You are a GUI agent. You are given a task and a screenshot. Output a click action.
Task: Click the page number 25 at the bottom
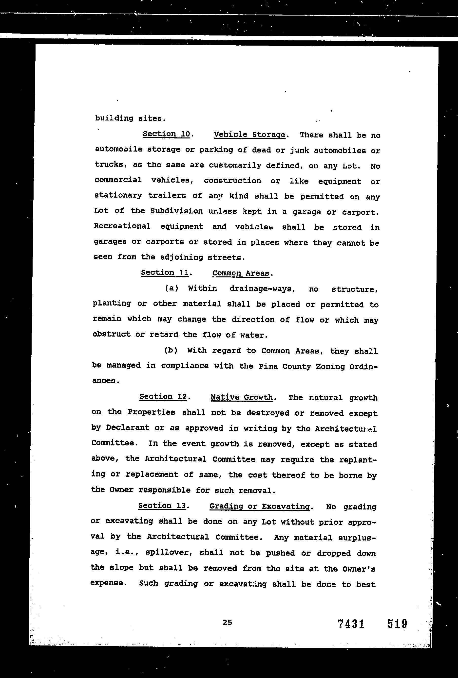227,623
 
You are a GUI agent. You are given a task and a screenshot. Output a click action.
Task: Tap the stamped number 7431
351,624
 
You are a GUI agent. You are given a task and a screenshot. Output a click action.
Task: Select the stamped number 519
397,624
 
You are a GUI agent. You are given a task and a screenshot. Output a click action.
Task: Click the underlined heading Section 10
167,134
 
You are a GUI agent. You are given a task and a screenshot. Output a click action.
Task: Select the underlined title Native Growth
242,397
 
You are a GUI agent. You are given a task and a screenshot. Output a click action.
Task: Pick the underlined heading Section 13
162,506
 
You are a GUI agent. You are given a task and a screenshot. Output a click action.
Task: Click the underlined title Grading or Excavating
260,506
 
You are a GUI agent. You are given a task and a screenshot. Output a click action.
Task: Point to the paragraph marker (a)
172,288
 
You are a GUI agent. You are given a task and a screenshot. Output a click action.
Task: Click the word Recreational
122,226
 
